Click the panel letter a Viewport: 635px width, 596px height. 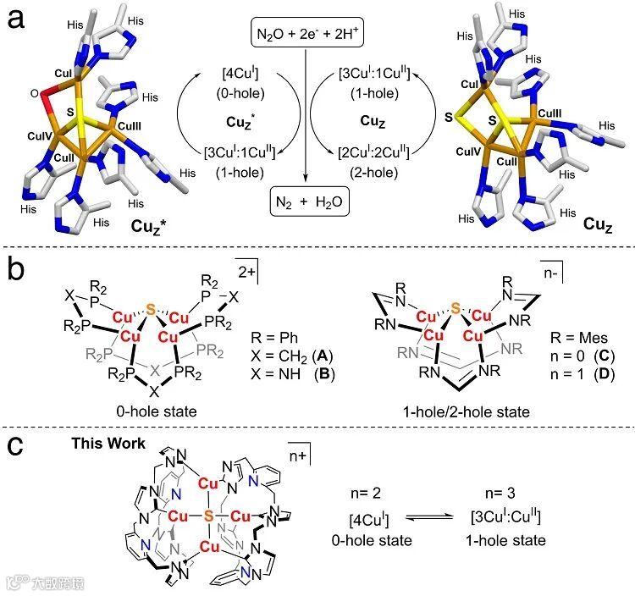tap(16, 19)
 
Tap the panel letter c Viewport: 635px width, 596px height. tap(16, 447)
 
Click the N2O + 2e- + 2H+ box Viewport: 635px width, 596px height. tap(305, 35)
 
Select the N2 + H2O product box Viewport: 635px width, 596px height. tap(305, 204)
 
